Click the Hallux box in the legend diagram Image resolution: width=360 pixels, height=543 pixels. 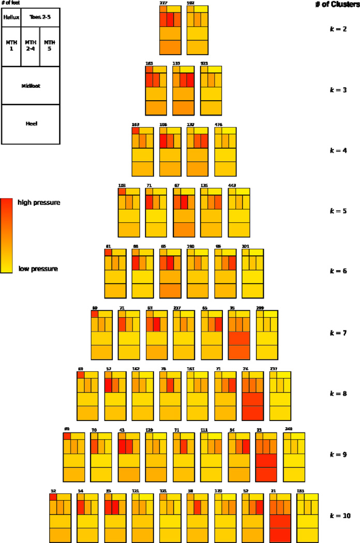11,17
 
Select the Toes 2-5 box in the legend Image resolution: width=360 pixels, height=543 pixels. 39,17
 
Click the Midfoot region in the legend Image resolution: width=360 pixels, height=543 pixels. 31,85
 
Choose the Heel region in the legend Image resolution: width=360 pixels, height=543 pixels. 31,124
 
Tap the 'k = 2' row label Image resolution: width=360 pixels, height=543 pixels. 338,29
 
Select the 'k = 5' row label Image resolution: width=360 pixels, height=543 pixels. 338,212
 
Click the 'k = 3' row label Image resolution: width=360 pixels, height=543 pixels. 338,90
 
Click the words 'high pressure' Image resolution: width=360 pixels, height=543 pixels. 39,203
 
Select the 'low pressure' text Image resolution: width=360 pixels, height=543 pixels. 38,269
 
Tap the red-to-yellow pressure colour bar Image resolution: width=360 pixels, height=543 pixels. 6,235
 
